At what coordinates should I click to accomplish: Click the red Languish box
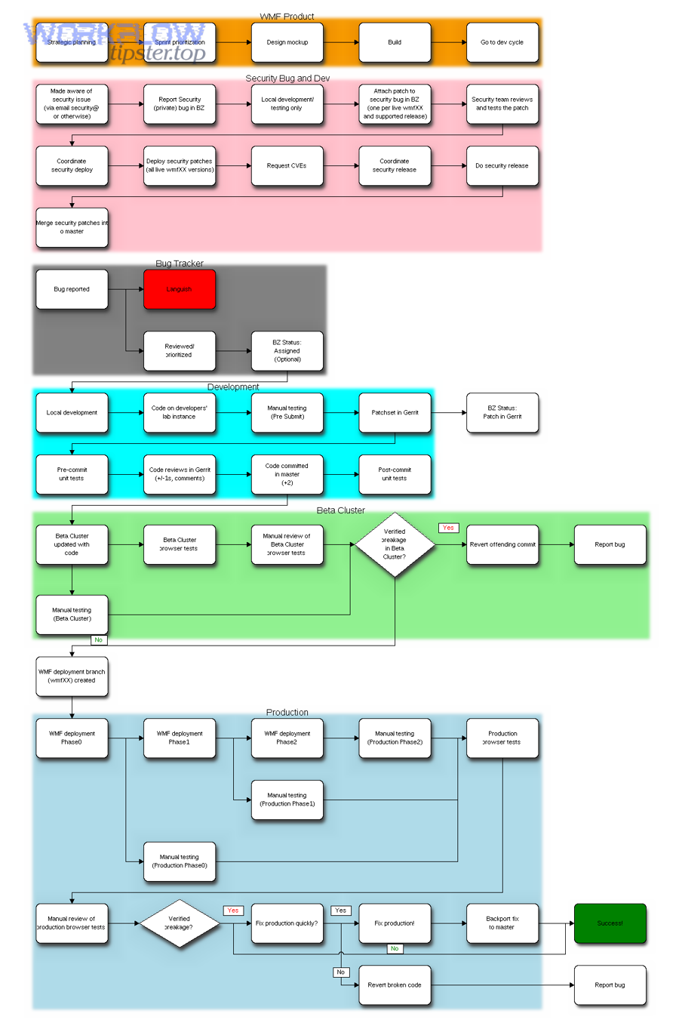[180, 289]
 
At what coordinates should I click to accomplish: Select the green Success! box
[610, 923]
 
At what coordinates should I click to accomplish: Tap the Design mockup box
[287, 42]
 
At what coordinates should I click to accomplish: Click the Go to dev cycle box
[502, 42]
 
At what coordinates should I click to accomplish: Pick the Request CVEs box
[287, 165]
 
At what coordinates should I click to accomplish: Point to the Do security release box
[502, 165]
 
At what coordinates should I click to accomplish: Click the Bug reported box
[72, 289]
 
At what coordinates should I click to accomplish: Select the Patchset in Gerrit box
[395, 412]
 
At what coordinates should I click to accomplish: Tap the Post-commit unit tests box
[395, 474]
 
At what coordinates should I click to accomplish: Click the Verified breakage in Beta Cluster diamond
[395, 544]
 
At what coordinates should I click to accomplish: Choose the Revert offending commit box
[502, 544]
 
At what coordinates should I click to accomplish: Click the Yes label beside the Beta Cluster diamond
[448, 528]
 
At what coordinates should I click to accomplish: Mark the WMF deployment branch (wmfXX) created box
[72, 676]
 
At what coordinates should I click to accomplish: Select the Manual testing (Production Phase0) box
[180, 861]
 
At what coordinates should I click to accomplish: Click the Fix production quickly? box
[287, 923]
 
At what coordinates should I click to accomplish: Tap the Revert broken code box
[395, 984]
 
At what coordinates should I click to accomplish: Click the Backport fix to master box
[502, 923]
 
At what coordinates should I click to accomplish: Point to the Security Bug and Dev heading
[287, 78]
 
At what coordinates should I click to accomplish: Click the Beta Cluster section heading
[340, 510]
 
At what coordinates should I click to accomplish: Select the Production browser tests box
[502, 738]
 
